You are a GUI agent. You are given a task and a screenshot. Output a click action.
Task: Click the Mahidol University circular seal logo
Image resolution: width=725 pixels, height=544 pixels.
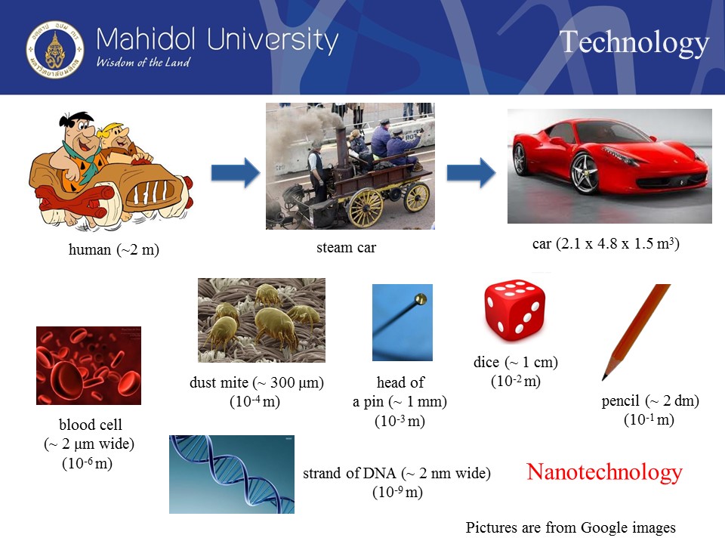(55, 50)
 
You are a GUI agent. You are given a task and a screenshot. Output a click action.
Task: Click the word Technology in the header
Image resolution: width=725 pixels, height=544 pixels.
(634, 42)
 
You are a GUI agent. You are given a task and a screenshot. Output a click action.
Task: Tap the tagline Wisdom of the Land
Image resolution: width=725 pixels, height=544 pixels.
(143, 62)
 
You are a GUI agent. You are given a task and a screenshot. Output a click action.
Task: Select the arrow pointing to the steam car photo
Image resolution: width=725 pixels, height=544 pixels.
(236, 173)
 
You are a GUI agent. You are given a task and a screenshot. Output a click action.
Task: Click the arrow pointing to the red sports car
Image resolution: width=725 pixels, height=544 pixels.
(471, 173)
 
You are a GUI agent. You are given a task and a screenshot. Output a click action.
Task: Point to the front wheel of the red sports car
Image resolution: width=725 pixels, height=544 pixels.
(585, 174)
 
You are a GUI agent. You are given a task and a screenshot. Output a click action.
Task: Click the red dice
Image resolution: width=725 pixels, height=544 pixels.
(514, 310)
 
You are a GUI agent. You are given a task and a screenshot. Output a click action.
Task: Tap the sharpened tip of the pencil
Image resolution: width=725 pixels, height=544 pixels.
(604, 379)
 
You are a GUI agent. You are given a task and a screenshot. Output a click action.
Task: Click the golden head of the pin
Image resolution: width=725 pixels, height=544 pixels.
(421, 299)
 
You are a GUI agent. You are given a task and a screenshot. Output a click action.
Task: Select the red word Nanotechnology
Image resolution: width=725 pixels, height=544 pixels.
(604, 472)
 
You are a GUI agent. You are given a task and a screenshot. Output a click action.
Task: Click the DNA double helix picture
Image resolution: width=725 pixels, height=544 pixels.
(232, 474)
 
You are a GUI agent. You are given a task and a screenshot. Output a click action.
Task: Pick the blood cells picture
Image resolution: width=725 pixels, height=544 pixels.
(89, 366)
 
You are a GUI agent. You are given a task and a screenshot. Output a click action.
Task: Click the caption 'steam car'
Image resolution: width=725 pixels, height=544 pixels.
(347, 248)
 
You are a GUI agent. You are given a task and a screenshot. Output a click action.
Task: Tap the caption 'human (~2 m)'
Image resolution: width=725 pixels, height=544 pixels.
(114, 249)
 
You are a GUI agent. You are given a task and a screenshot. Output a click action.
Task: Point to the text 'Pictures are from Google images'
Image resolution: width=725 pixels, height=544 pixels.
(571, 527)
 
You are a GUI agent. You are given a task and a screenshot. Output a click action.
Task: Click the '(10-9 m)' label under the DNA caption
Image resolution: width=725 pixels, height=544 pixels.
(398, 492)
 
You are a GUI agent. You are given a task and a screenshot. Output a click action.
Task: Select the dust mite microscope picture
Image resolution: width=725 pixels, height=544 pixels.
(262, 320)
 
